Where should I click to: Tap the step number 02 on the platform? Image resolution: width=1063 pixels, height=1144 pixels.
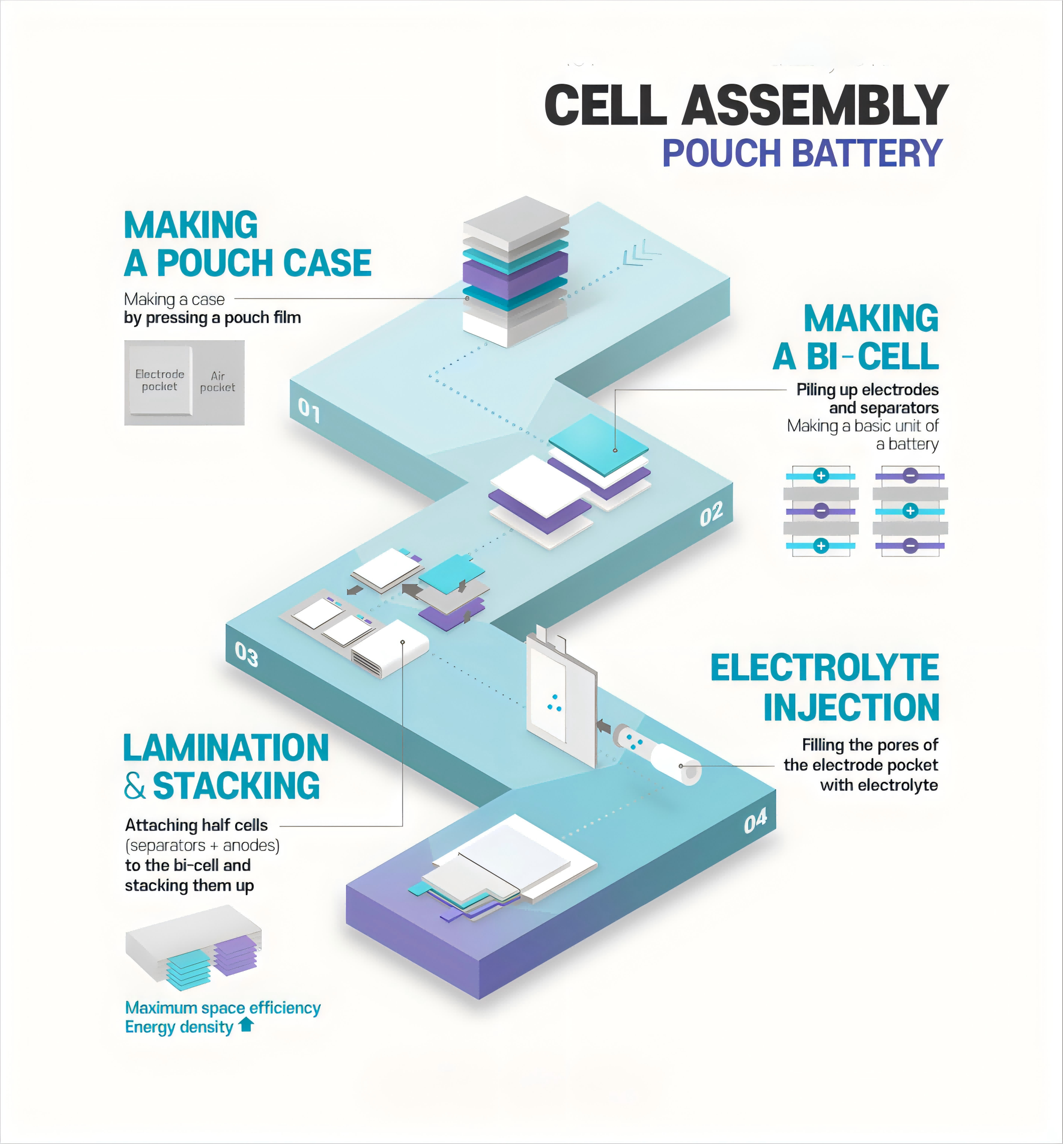(x=711, y=514)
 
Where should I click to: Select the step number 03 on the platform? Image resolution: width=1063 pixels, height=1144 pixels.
(x=246, y=654)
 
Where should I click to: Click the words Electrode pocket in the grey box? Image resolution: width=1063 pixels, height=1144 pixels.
(x=159, y=380)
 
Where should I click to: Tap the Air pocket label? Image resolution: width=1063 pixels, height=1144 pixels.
(x=218, y=381)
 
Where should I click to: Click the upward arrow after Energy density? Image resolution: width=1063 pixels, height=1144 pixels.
(x=246, y=1024)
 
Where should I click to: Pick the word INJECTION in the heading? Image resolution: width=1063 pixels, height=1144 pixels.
(x=851, y=707)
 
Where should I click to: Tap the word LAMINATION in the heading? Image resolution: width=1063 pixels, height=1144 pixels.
(x=226, y=748)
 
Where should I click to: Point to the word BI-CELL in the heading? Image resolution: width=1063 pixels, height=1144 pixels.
(x=872, y=357)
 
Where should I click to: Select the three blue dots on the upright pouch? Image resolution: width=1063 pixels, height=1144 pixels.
(x=555, y=703)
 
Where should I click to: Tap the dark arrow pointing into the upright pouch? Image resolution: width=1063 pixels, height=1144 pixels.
(x=603, y=726)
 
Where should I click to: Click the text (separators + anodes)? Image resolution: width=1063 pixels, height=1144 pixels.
(x=202, y=845)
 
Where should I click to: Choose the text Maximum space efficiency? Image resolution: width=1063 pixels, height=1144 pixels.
(x=223, y=1008)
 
